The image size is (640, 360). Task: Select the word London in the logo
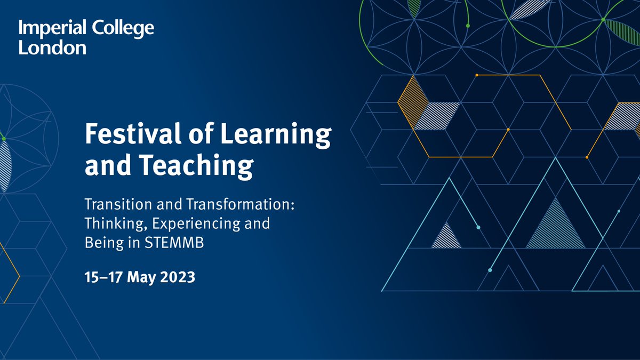[x=52, y=47]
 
